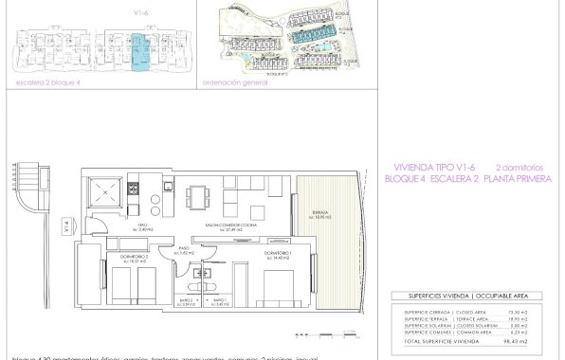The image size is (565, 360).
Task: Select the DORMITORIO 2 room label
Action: tap(129, 257)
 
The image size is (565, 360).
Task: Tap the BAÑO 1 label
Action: tap(217, 301)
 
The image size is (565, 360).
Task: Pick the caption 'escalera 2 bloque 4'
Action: tap(47, 82)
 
